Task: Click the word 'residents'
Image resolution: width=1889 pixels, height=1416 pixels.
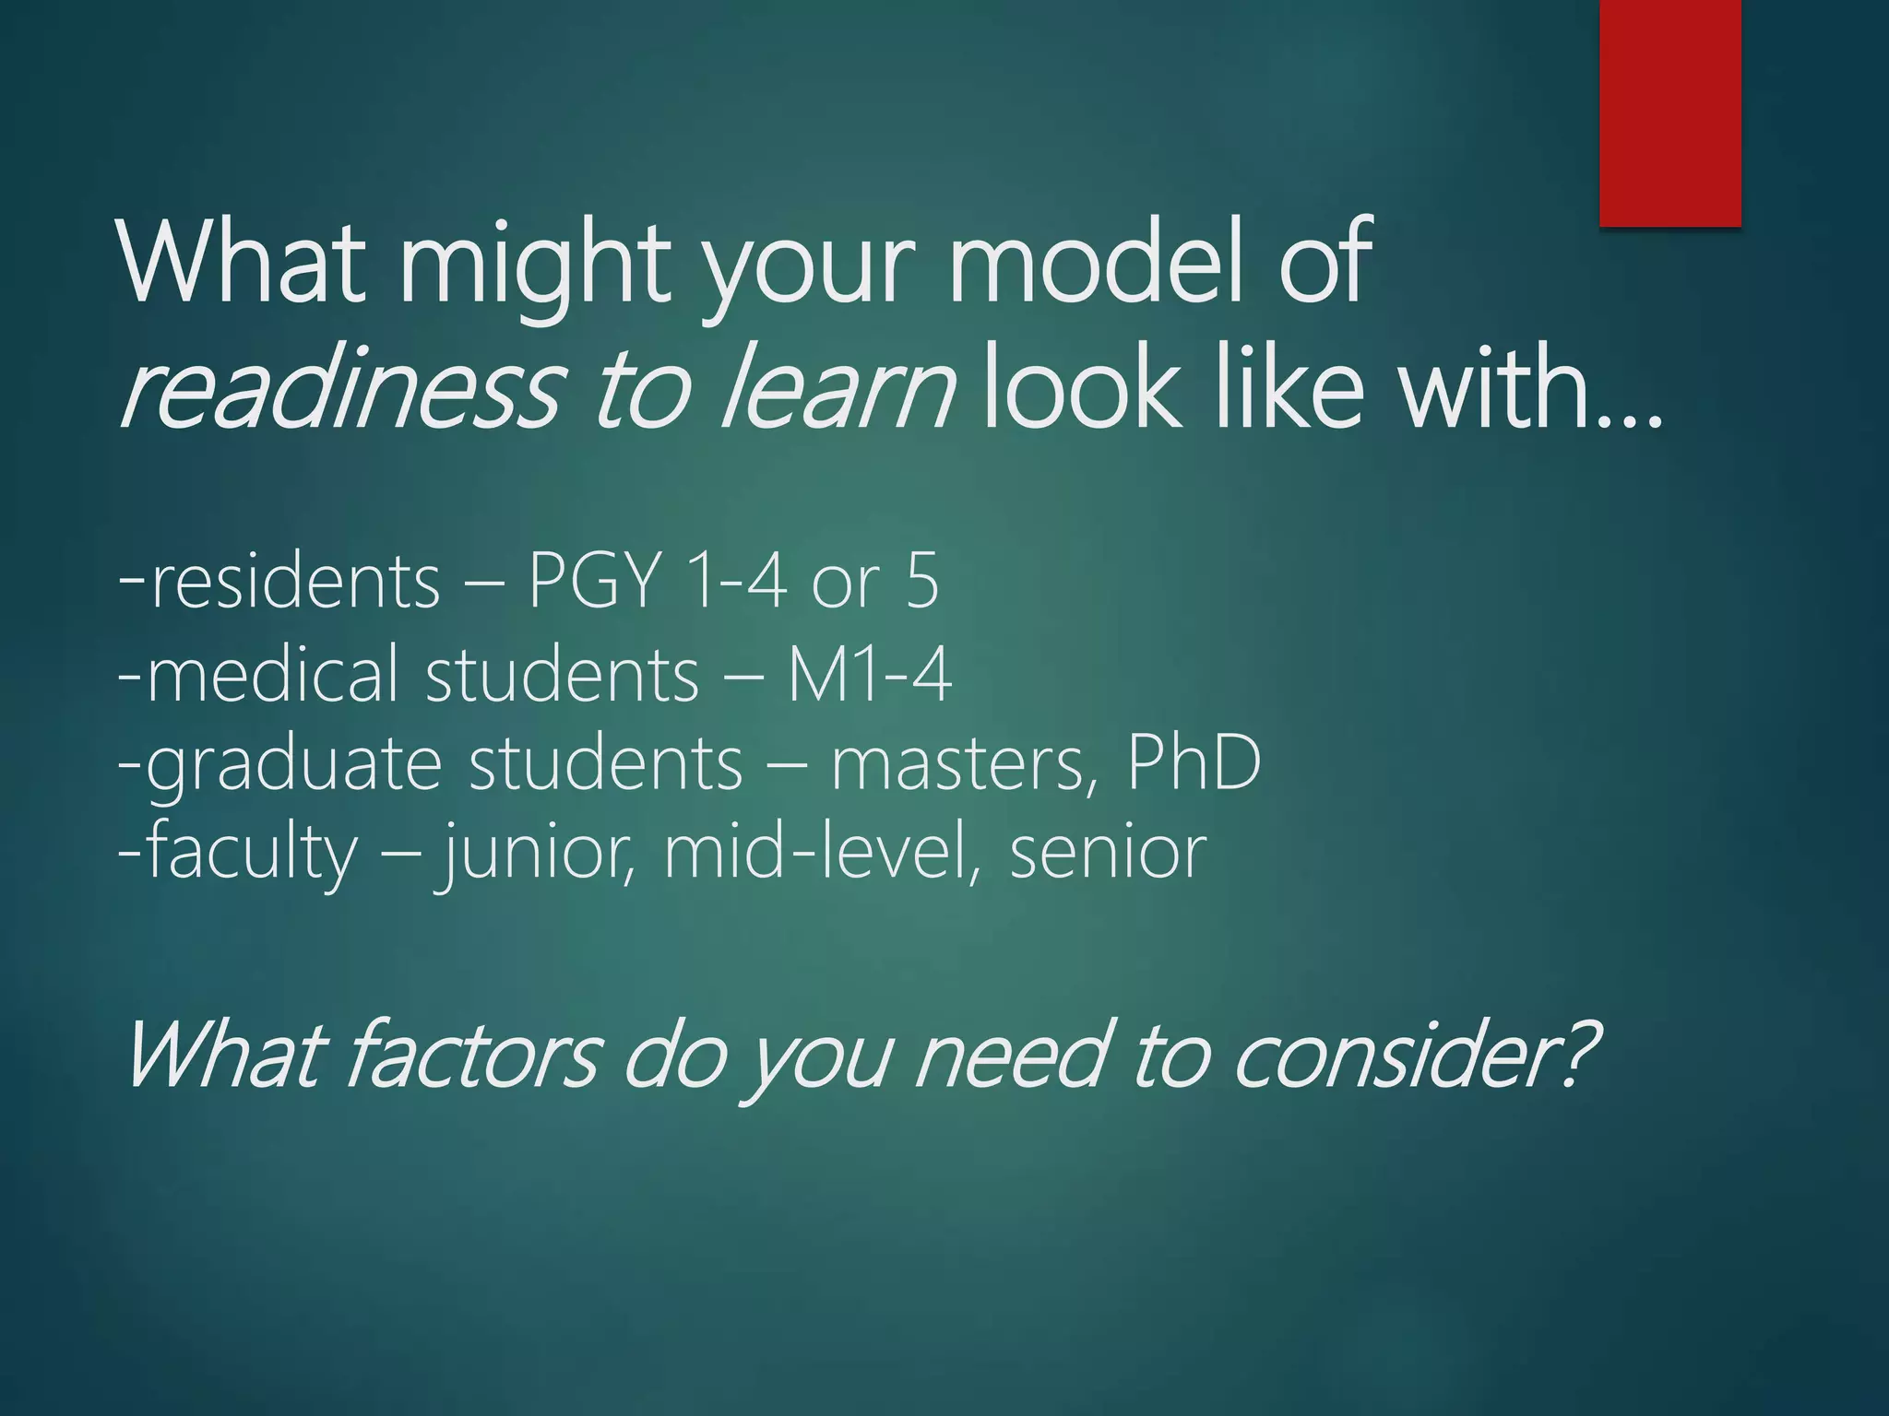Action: tap(295, 583)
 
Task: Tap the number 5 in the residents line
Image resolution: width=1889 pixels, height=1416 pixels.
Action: tap(921, 583)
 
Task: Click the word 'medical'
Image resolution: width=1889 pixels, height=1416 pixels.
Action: tap(272, 675)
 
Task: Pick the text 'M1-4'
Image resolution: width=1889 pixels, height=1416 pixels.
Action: tap(869, 675)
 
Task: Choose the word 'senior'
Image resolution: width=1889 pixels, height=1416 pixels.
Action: tap(1108, 854)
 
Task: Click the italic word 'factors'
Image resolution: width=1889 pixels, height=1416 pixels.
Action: tap(474, 1056)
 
